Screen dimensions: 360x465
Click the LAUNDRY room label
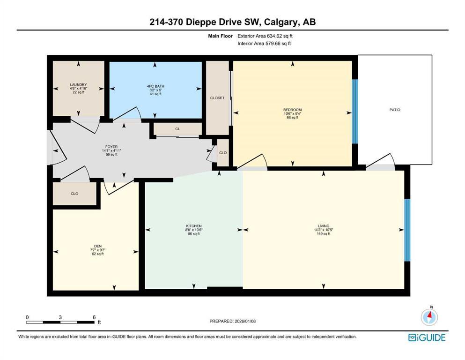point(78,85)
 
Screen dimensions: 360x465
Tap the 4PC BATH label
point(155,86)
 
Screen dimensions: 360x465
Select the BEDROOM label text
point(293,110)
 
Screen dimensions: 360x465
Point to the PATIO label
point(395,110)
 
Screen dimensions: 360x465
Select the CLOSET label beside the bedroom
point(217,98)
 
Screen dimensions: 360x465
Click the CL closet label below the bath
point(177,128)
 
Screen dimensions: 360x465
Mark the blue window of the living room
point(407,230)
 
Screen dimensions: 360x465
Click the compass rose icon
point(429,317)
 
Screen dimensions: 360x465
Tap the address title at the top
point(232,22)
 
